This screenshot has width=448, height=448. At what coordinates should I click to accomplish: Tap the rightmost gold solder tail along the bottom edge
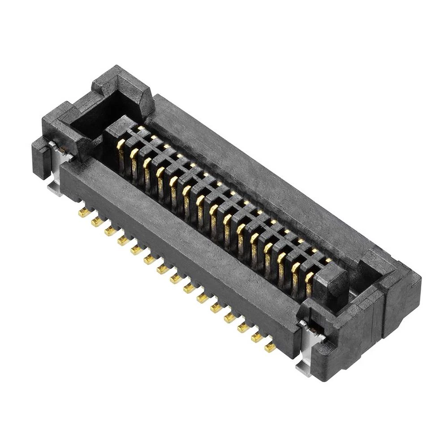click(270, 347)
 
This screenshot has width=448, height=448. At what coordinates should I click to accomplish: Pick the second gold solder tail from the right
click(257, 338)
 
